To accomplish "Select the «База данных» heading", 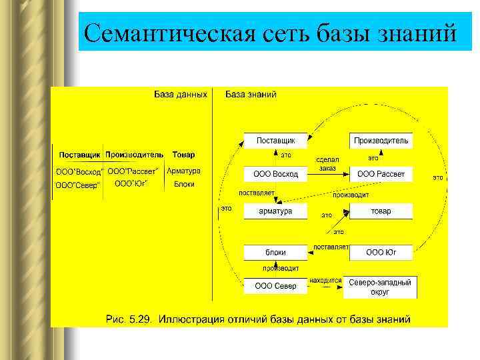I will (181, 95).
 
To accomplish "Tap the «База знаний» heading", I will (251, 95).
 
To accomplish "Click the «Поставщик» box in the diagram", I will (275, 141).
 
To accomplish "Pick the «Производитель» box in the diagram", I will (381, 141).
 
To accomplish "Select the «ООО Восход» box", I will (275, 175).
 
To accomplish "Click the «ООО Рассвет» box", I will (381, 175).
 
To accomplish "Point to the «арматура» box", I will (275, 211).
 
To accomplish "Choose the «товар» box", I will (381, 211).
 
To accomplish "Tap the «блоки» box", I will (275, 253).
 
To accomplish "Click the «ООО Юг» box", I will (381, 253).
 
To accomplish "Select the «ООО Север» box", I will (275, 287).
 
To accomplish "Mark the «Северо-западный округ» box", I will (381, 287).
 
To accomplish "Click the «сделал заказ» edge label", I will (327, 164).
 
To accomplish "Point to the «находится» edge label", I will (325, 281).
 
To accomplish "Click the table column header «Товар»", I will (183, 155).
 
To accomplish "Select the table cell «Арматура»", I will (183, 171).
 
